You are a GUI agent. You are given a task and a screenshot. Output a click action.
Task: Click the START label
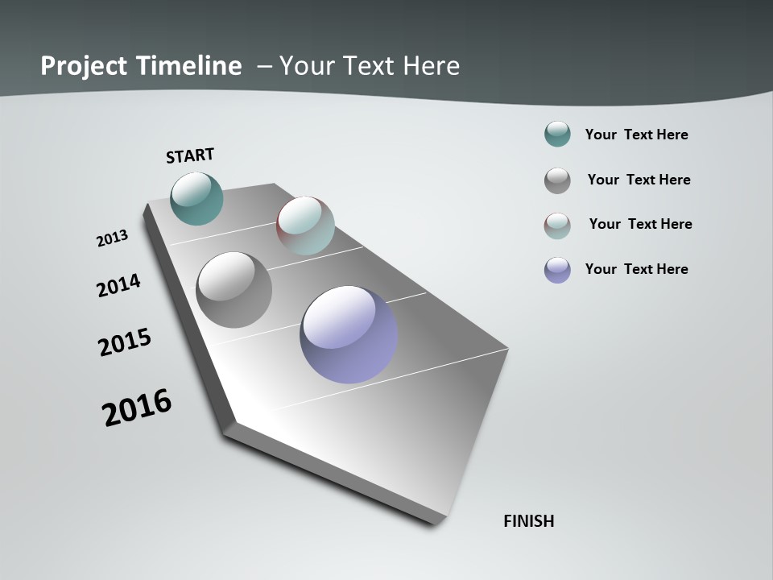point(190,155)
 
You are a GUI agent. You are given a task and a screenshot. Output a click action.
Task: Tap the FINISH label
point(529,521)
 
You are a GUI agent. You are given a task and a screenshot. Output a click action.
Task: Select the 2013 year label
point(113,238)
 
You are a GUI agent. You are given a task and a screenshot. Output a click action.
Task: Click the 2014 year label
point(119,285)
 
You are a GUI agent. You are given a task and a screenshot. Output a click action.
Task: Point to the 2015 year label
point(125,342)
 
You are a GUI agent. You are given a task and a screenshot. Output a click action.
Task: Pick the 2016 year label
point(137,408)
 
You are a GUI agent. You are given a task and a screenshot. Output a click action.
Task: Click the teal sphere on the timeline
point(197,198)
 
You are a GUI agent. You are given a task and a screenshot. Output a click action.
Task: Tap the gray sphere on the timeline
point(234,290)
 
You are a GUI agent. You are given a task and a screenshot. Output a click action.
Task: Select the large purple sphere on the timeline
point(349,334)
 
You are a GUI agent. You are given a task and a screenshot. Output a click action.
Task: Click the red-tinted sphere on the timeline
point(305,226)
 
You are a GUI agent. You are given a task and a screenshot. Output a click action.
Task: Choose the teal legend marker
point(557,135)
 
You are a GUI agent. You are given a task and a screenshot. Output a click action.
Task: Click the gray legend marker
point(557,180)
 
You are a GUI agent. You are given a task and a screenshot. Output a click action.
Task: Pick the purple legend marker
point(557,270)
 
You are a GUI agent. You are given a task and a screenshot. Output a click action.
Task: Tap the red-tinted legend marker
point(557,226)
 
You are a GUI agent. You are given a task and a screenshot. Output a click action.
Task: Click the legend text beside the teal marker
point(636,135)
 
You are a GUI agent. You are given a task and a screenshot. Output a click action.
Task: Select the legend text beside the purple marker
point(636,269)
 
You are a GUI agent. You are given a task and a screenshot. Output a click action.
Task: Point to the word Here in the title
point(431,65)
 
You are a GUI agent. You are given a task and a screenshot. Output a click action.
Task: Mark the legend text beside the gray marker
point(639,180)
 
